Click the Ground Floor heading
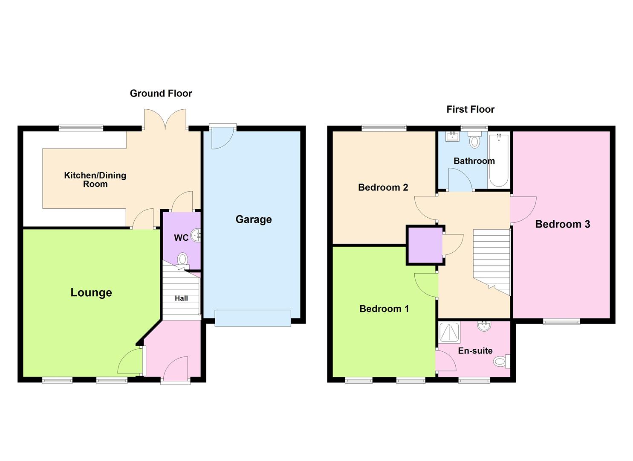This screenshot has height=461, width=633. [x=161, y=93]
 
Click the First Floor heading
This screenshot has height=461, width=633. [x=470, y=109]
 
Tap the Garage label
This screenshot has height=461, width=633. [x=254, y=219]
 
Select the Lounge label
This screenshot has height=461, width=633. [x=91, y=292]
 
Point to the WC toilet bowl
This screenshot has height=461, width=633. [x=182, y=259]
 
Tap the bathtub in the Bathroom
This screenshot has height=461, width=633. [x=498, y=161]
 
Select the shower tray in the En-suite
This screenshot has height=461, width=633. [x=450, y=333]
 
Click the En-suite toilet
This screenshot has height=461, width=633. [x=500, y=362]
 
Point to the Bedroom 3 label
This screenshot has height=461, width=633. [x=562, y=224]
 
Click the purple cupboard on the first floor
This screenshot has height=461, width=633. [x=425, y=245]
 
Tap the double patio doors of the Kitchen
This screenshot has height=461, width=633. [x=165, y=119]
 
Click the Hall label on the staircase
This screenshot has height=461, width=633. [x=181, y=298]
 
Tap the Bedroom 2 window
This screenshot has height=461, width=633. [x=384, y=127]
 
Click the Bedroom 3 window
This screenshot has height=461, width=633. [x=561, y=321]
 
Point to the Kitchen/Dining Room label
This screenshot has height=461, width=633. [x=95, y=180]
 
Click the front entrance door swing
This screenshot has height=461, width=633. [x=175, y=368]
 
